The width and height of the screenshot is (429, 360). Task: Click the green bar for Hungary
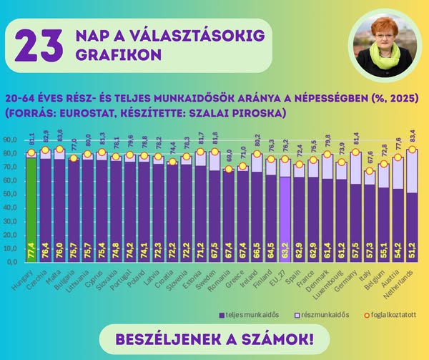pyautogui.click(x=31, y=208)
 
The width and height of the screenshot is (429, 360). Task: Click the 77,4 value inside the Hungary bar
pyautogui.click(x=31, y=251)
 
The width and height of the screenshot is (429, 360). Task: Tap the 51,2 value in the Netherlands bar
pyautogui.click(x=412, y=251)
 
